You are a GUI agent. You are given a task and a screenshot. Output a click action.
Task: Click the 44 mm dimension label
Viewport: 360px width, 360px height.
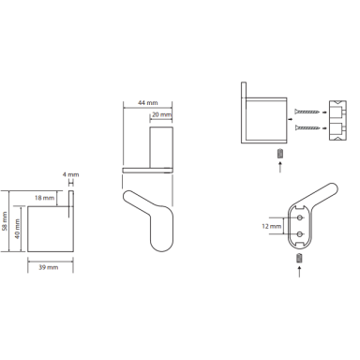148,103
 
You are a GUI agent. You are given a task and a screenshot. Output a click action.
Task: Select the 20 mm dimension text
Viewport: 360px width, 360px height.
162,114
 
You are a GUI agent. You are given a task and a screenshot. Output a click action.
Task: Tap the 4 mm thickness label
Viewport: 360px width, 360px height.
70,174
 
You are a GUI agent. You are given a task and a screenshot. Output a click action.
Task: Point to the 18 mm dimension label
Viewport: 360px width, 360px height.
44,198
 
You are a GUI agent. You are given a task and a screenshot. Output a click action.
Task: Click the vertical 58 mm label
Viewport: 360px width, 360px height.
5,221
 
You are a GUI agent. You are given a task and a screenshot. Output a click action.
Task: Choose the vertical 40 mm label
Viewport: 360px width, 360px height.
17,229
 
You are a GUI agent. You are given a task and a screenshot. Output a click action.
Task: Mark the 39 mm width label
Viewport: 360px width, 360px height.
49,267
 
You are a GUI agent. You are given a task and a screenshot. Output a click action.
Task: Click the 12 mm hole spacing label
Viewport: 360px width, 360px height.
272,226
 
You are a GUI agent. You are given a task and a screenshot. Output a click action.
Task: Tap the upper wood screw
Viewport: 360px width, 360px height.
307,112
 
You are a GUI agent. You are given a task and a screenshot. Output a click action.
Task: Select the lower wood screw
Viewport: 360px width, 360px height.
307,127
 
